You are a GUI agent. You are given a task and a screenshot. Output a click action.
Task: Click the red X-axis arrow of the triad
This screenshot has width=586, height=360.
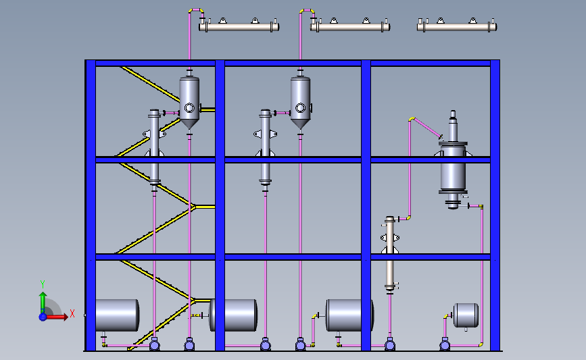(x=61, y=316)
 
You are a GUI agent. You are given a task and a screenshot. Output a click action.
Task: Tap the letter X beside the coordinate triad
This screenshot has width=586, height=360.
(x=72, y=313)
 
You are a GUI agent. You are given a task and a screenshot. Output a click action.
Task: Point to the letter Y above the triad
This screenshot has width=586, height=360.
(x=43, y=284)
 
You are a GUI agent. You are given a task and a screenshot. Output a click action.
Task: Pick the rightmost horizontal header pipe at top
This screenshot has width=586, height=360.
(x=457, y=27)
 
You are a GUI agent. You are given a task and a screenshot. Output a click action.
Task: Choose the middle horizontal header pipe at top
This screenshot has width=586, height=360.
(x=349, y=27)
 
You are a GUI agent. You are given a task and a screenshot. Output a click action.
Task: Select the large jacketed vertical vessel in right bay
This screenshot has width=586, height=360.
(x=453, y=165)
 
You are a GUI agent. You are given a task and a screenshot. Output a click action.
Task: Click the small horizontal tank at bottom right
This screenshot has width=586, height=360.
(x=466, y=314)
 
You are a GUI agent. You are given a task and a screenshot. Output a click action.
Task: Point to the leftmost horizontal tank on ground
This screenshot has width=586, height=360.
(x=116, y=315)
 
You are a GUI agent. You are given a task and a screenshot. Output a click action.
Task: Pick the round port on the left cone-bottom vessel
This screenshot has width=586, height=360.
(x=189, y=107)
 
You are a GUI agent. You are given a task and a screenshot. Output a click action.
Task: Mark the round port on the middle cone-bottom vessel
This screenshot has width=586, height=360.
(x=301, y=107)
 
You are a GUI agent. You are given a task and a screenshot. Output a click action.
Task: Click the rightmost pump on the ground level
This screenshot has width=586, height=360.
(x=445, y=345)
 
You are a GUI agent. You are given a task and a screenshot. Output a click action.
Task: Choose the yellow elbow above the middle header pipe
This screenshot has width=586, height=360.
(x=307, y=10)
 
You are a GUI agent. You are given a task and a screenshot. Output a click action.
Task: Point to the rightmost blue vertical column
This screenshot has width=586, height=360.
(x=495, y=203)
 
